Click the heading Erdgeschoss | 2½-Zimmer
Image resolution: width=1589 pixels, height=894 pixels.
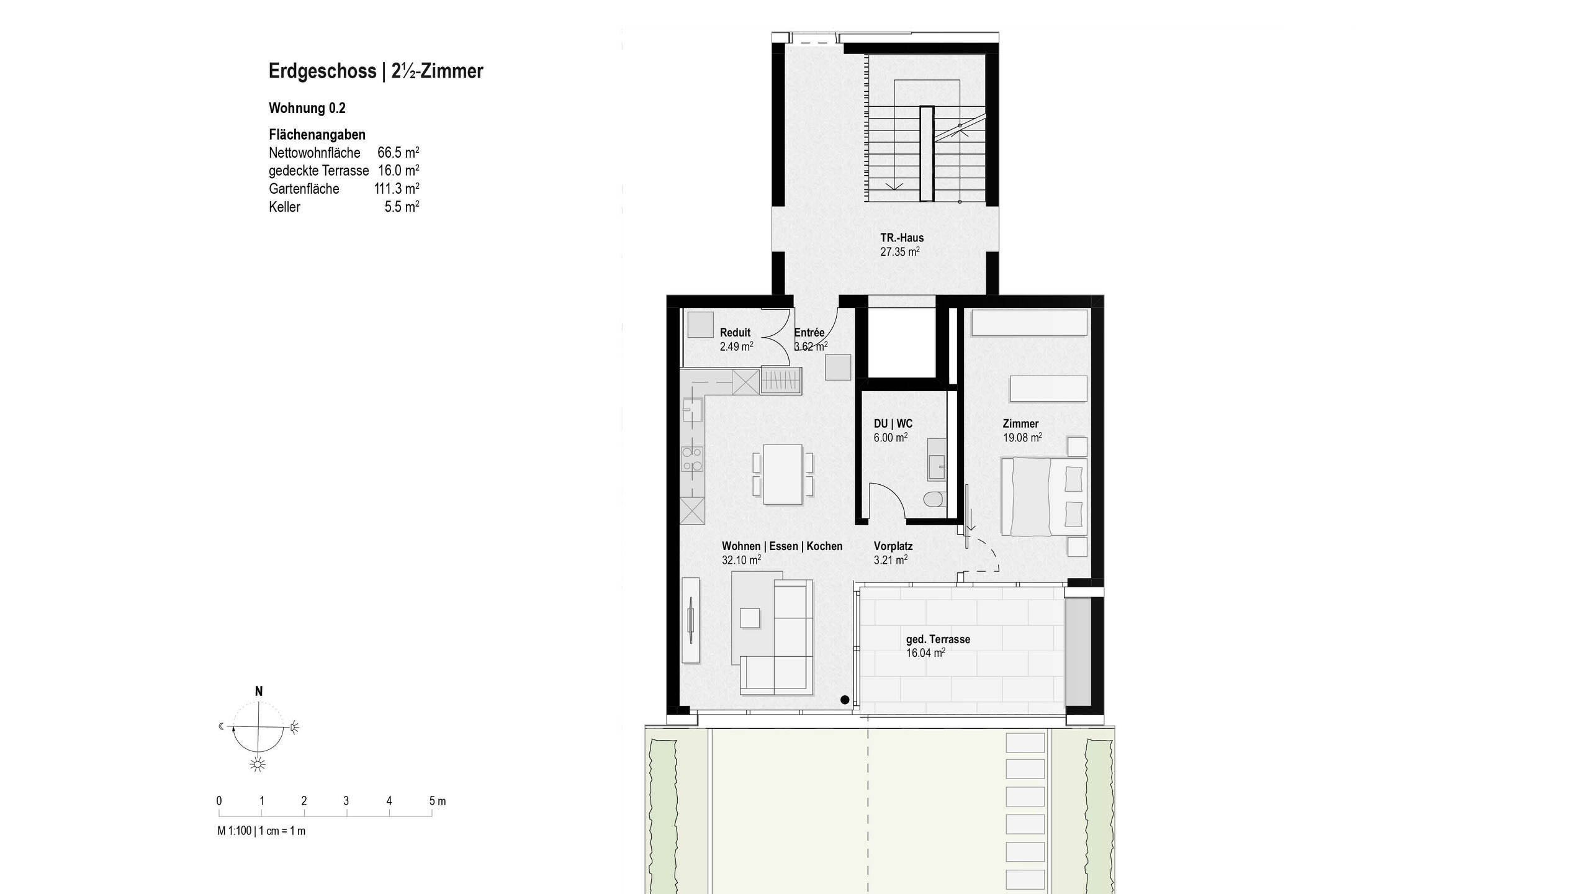point(376,71)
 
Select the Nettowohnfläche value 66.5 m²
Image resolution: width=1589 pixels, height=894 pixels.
point(398,153)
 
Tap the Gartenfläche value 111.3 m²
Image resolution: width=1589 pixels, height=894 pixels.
point(396,189)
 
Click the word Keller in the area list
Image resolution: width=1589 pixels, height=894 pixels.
point(284,207)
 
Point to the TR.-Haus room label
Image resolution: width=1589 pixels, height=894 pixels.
point(901,238)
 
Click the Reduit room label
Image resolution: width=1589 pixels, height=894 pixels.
point(735,333)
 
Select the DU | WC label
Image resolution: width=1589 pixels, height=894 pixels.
point(893,423)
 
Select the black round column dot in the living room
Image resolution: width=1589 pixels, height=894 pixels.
point(844,700)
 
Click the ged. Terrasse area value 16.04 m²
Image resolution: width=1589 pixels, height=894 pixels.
point(925,653)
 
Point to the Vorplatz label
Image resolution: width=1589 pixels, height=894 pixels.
point(893,546)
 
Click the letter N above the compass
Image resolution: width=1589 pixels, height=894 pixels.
point(259,691)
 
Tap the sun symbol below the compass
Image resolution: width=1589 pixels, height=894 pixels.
point(258,764)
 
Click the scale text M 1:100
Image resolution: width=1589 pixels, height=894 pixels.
point(235,831)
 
